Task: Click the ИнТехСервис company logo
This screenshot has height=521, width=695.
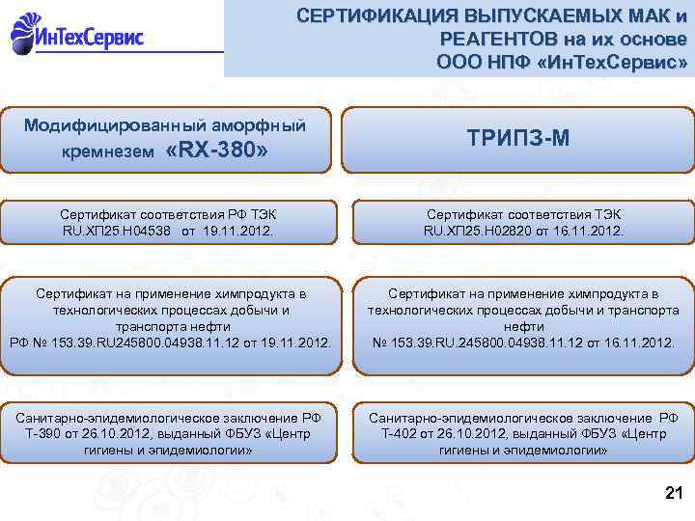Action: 77,36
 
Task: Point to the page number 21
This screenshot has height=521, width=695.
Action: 674,494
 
